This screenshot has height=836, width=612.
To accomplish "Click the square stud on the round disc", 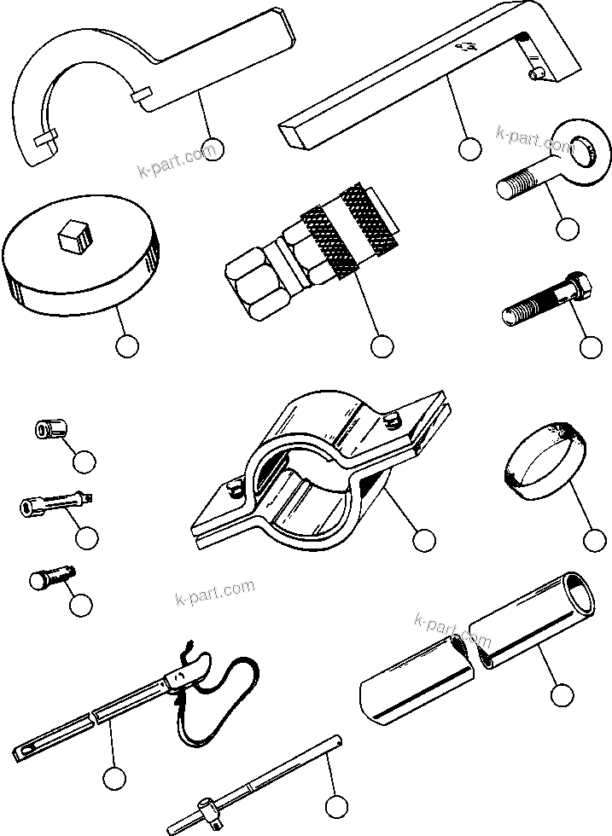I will click(74, 233).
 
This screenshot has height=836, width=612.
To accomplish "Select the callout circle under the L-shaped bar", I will click(469, 148).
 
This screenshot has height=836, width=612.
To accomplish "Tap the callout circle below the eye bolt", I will click(567, 229).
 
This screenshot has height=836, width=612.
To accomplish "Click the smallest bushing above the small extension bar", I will click(49, 429).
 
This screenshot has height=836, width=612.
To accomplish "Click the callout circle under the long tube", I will click(561, 695).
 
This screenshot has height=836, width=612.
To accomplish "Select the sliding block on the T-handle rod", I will click(209, 803).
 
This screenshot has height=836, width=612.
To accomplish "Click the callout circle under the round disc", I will click(126, 346).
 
